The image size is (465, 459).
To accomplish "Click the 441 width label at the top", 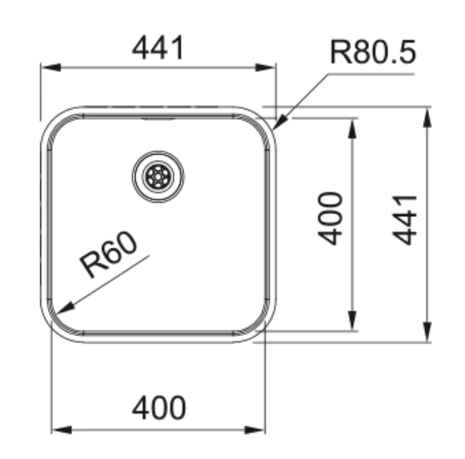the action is (158, 47).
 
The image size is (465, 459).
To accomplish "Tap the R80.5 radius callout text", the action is (373, 52).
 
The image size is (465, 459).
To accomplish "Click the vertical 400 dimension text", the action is (330, 218).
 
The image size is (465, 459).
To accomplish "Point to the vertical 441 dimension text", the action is (405, 220).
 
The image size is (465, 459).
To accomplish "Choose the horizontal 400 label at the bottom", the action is (159, 407).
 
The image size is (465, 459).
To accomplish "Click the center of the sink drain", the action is (158, 177).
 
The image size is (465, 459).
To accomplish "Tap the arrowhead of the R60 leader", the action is (65, 308).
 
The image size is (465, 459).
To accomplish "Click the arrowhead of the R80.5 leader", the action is (280, 122).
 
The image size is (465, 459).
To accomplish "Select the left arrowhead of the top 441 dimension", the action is (51, 67).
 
